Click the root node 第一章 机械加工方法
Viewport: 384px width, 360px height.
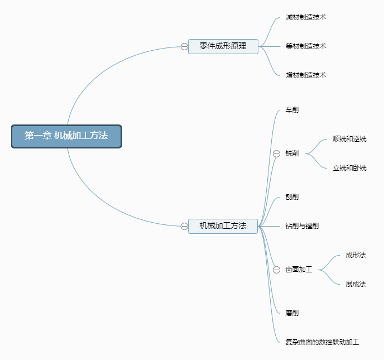pos(66,136)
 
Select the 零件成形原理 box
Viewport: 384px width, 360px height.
pos(223,46)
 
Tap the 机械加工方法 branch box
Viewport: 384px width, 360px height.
pos(223,226)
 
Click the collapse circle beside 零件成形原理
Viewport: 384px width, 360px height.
pos(184,47)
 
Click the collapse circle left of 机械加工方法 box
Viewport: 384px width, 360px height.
pos(184,226)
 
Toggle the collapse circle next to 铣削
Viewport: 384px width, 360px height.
pos(276,153)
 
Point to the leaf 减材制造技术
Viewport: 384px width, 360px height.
pos(306,17)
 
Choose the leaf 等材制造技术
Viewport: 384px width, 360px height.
pos(306,46)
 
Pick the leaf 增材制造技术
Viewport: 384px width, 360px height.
pos(306,75)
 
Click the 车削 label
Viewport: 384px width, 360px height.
pos(292,110)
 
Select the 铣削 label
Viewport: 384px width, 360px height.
pos(292,153)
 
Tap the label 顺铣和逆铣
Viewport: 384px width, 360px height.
pos(349,139)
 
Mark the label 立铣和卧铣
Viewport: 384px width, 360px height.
pos(349,168)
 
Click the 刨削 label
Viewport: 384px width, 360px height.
pos(292,197)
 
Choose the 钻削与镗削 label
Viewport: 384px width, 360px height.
pos(302,226)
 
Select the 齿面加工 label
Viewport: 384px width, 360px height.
pos(299,270)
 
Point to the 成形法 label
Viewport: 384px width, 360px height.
pos(356,255)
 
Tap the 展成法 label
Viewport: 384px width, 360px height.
pos(356,284)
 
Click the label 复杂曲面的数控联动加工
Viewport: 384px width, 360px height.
pos(322,342)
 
